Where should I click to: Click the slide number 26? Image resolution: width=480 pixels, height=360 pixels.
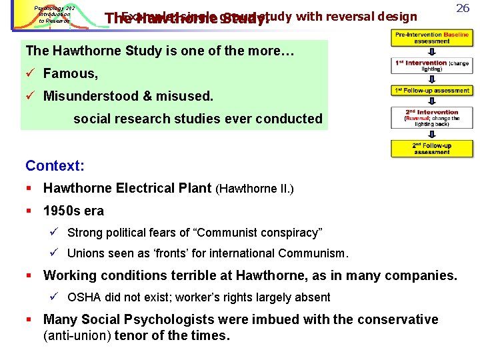point(463,9)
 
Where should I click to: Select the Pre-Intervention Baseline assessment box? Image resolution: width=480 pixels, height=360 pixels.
point(431,37)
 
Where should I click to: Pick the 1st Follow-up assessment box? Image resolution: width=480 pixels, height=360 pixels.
point(431,91)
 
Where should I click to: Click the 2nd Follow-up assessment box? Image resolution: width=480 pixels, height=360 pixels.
point(431,148)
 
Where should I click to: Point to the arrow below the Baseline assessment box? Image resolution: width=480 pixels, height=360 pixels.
point(431,51)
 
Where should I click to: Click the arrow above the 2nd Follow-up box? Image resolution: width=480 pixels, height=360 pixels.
point(431,133)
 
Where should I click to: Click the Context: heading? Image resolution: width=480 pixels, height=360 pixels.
point(55,165)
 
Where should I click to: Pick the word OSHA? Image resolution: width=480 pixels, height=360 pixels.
point(83,297)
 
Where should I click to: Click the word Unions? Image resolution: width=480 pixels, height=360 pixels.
point(86,253)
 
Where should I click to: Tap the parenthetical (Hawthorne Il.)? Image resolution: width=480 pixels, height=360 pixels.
point(255,189)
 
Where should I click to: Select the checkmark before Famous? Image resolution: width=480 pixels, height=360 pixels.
point(30,73)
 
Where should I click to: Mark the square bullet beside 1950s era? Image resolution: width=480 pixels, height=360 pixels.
point(29,211)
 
